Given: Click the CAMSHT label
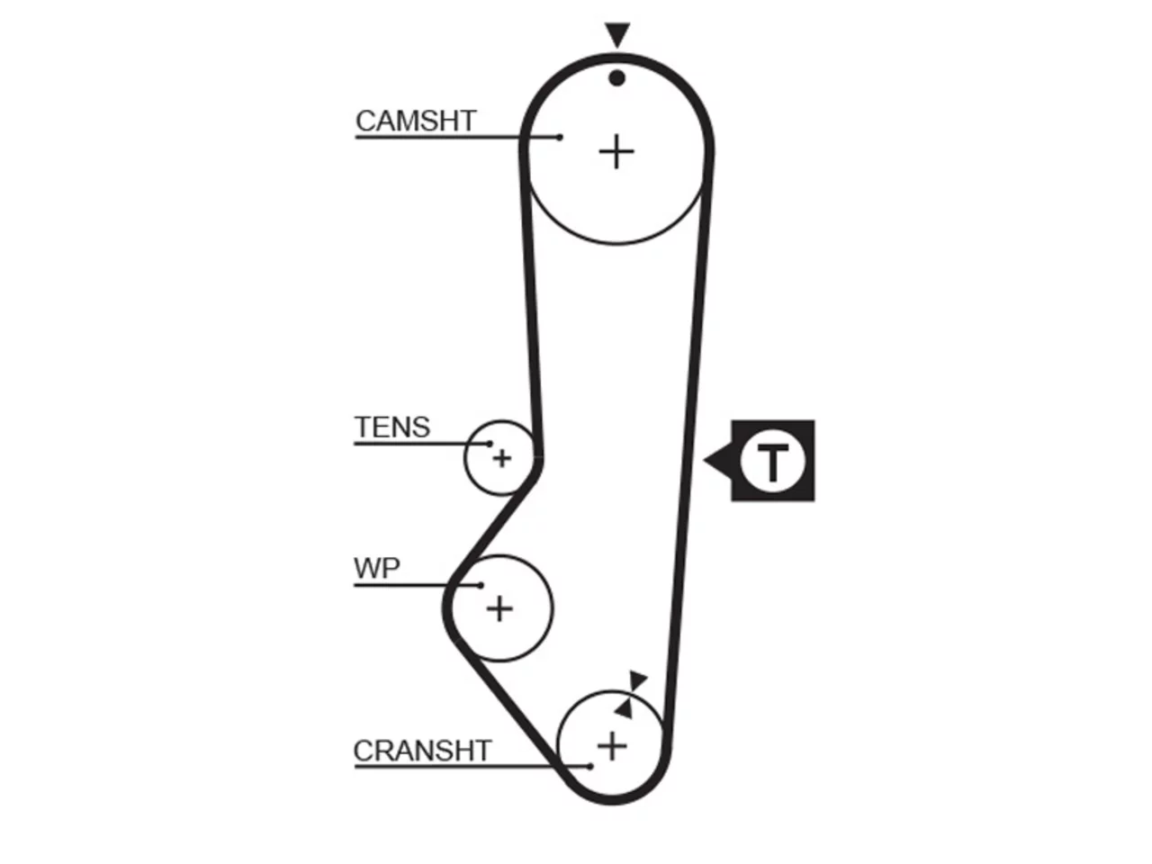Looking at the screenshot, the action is click(x=416, y=121).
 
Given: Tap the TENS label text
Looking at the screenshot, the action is click(x=392, y=427).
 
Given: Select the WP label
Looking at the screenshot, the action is click(x=377, y=568).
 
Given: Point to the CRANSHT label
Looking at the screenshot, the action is click(x=422, y=751).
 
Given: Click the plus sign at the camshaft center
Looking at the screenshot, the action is click(x=616, y=151).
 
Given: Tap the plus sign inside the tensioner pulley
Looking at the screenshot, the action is click(x=501, y=458).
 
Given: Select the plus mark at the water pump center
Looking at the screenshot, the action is click(x=499, y=609).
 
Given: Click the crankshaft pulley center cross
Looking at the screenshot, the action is click(x=612, y=746).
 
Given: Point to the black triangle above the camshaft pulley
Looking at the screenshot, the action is click(x=617, y=34).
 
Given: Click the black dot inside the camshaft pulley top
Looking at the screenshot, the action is click(x=617, y=78).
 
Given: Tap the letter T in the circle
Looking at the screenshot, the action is click(x=772, y=462).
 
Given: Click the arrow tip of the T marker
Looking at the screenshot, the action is click(x=704, y=461).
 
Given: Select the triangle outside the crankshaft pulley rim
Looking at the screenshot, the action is click(x=637, y=680).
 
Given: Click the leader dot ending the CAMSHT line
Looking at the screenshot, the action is click(x=560, y=138).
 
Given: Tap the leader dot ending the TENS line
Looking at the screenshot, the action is click(x=490, y=444).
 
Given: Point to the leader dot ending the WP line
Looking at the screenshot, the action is click(x=481, y=585).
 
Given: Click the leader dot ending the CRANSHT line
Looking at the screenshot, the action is click(x=589, y=767).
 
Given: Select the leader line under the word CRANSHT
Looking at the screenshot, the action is click(x=472, y=767).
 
